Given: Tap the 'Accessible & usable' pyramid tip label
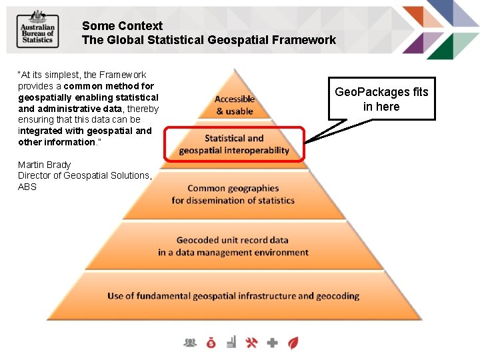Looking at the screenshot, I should [235, 105].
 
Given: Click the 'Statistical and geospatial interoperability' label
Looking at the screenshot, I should [234, 144].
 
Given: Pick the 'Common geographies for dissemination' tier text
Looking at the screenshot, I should [233, 194].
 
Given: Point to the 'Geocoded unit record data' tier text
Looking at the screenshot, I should [233, 246].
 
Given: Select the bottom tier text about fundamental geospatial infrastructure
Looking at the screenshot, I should [233, 296].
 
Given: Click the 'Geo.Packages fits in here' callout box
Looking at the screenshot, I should [381, 99].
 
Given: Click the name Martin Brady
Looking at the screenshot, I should [44, 165].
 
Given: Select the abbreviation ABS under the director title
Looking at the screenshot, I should [27, 187].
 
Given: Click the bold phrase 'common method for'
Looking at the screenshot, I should [109, 86].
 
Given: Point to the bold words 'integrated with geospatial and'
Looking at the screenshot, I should [85, 131].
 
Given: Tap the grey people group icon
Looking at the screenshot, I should [191, 343].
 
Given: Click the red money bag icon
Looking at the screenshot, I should [211, 343].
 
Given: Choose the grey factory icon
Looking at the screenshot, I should [231, 343].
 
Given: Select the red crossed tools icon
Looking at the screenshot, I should [251, 343].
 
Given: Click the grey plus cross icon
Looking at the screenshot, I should [272, 343].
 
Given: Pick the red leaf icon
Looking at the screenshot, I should [292, 343].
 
